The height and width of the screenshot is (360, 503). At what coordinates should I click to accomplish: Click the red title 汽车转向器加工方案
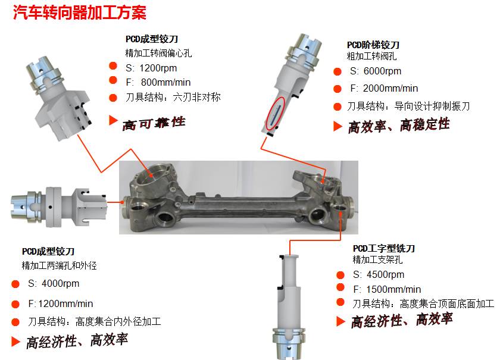coord(80,12)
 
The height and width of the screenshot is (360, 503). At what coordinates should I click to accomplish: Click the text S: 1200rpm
coord(151,68)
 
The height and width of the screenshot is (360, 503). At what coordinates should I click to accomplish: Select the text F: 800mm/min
coord(158,82)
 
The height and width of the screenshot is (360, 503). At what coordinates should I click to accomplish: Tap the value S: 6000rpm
coord(376,71)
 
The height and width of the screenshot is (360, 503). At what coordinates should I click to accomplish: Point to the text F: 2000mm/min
coord(384,88)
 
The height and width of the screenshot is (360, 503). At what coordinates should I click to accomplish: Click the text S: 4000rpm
coord(54,283)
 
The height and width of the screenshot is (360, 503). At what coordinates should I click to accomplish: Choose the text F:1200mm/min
coord(61,303)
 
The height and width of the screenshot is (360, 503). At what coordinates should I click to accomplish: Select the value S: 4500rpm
coord(379,274)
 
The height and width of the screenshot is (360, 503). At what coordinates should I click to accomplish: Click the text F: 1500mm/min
coord(387,289)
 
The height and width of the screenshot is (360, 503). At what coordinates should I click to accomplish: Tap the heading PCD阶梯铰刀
coord(373,45)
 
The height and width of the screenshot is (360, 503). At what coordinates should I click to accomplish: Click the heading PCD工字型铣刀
coord(384,249)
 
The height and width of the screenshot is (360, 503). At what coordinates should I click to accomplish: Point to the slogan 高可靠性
coord(154,123)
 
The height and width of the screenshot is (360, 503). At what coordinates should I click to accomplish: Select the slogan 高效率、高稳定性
coord(399,126)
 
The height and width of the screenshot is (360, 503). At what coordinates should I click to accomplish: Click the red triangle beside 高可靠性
coord(113,120)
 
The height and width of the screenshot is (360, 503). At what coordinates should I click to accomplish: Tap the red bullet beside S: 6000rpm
coord(338,71)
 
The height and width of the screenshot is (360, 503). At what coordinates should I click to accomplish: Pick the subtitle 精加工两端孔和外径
coord(59,265)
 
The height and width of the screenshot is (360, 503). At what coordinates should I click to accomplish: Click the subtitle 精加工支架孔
coord(377,259)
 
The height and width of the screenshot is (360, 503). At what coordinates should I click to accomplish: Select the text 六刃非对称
coord(196,97)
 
